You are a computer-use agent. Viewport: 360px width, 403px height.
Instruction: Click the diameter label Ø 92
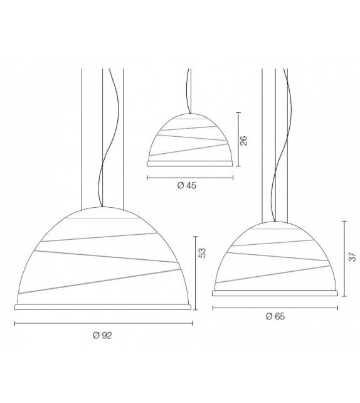pos(102,336)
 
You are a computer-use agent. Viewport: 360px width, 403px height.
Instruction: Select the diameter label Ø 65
pos(275,316)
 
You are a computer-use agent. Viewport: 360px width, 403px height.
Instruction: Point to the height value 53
pos(201,253)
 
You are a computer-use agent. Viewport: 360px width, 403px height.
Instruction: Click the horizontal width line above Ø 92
pos(103,323)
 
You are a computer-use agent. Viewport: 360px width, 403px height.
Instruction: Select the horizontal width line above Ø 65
pos(276,307)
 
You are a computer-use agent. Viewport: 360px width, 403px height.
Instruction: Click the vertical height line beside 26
pos(238,138)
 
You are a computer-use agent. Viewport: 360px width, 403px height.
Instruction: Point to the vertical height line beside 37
pos(344,257)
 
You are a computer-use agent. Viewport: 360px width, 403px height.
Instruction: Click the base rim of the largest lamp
pos(103,306)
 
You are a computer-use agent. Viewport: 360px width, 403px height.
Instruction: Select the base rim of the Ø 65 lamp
pos(277,293)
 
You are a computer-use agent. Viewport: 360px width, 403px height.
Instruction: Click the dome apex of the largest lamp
pos(103,207)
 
